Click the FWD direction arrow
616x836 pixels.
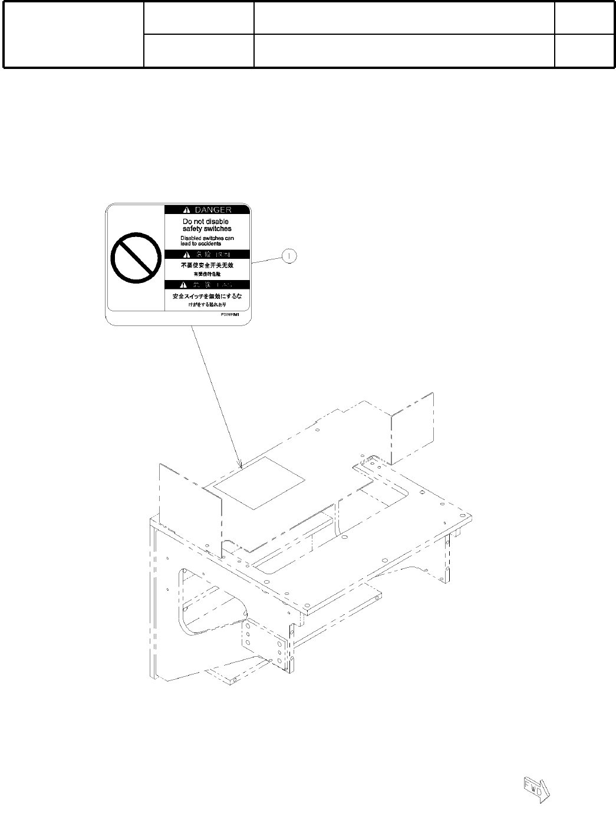[x=535, y=789]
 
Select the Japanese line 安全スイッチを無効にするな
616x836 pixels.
[x=207, y=296]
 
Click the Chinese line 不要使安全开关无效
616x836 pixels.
[x=207, y=266]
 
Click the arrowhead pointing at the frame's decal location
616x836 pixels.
[x=241, y=466]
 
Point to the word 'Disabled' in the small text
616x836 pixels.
[x=192, y=238]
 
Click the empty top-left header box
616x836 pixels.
[x=74, y=34]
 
